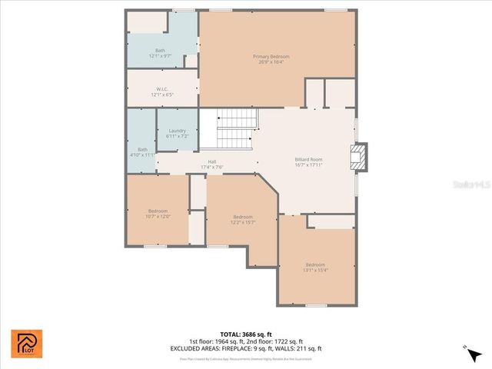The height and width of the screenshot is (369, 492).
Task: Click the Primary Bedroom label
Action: point(271,56)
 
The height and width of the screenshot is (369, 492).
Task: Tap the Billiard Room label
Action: point(308,159)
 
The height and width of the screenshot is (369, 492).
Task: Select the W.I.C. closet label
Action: point(162,88)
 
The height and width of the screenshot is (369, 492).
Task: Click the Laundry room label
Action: point(177,131)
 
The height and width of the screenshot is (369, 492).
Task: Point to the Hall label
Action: point(211,161)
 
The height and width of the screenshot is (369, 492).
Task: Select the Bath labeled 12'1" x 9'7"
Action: point(160,51)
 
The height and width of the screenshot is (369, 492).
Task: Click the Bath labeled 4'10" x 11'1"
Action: point(142,149)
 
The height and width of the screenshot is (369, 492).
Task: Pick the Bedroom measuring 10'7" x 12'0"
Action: point(158,211)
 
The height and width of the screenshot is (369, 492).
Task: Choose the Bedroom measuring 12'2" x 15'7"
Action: point(243,217)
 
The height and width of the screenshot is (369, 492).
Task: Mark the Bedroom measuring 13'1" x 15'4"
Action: point(315,264)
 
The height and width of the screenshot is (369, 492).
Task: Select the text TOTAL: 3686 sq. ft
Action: point(247,334)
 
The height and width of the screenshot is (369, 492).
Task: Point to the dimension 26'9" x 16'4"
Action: point(271,61)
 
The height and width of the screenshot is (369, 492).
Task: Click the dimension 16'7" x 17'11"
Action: point(308,165)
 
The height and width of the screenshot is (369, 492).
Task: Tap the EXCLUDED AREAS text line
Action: point(247,348)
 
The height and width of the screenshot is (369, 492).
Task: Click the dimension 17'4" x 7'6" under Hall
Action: point(211,167)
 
